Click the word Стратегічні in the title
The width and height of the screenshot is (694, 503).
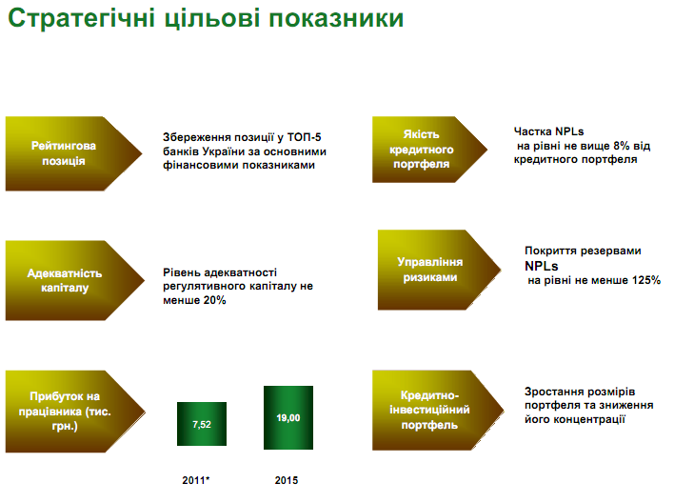click(x=82, y=19)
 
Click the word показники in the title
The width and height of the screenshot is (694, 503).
click(x=336, y=19)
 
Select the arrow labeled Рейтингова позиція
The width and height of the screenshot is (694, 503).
click(x=73, y=153)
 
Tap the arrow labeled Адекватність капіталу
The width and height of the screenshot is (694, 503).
click(x=75, y=280)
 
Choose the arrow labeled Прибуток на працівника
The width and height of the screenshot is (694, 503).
click(x=75, y=412)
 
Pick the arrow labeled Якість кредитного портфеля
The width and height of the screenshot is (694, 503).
click(x=429, y=150)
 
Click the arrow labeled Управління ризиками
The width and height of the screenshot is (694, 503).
click(x=439, y=270)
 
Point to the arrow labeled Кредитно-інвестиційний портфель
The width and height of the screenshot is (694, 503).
click(x=438, y=410)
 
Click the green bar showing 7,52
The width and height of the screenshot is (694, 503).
click(x=202, y=424)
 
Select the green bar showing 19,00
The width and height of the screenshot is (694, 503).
click(x=288, y=417)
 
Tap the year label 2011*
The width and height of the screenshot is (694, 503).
click(x=196, y=480)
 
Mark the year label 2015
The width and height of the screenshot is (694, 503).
click(x=287, y=480)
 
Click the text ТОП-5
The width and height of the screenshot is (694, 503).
click(x=304, y=137)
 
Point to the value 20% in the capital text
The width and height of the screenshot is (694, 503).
click(x=214, y=300)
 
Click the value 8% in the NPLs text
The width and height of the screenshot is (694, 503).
click(x=622, y=146)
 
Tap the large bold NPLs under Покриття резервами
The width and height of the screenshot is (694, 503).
click(x=542, y=266)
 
